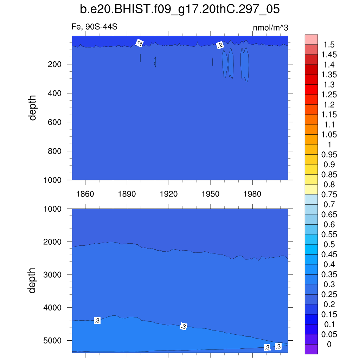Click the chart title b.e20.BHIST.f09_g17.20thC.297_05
pyautogui.click(x=180, y=9)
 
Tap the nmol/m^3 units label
pyautogui.click(x=270, y=28)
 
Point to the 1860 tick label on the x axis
pyautogui.click(x=85, y=194)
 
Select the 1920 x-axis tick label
pyautogui.click(x=169, y=194)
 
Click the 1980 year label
pyautogui.click(x=252, y=194)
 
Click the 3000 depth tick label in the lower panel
pyautogui.click(x=53, y=275)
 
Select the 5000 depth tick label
pyautogui.click(x=53, y=341)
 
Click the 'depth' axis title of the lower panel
pyautogui.click(x=33, y=280)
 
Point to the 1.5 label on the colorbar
pyautogui.click(x=329, y=45)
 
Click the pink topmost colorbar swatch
pyautogui.click(x=311, y=39)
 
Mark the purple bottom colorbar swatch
pyautogui.click(x=311, y=349)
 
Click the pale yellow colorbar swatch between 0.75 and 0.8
pyautogui.click(x=311, y=189)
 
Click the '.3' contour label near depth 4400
pyautogui.click(x=97, y=320)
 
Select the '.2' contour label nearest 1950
pyautogui.click(x=220, y=45)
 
